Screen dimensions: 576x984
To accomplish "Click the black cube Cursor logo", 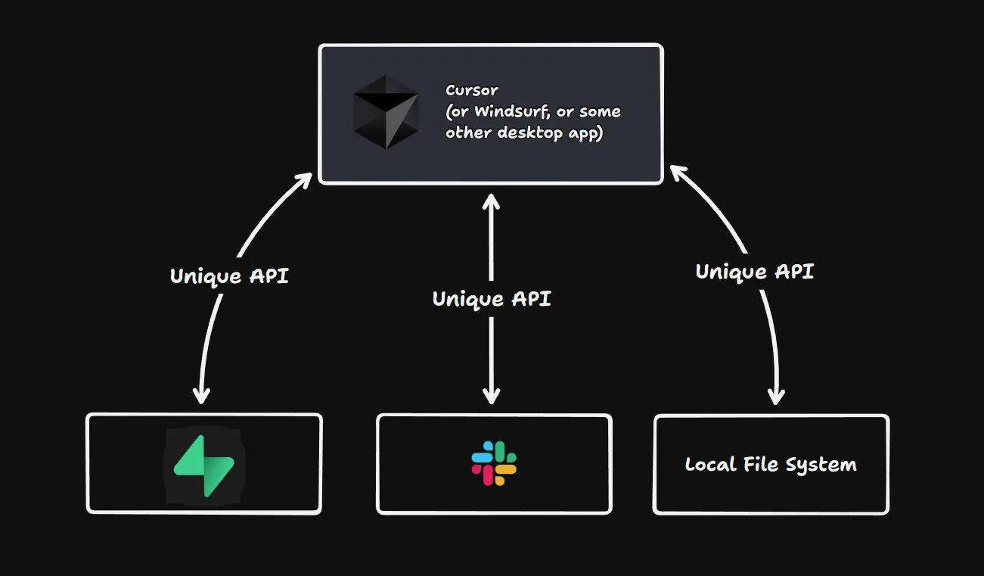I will (385, 112).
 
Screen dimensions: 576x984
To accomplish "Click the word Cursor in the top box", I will (471, 90).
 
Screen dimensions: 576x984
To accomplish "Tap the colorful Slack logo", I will (494, 463).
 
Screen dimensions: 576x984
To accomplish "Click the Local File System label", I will (771, 464).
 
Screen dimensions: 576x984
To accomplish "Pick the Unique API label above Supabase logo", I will (229, 276).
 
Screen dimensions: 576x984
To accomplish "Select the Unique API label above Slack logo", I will (492, 298).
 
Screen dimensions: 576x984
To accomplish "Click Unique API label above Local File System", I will (754, 271).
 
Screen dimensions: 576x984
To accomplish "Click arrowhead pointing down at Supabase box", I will (201, 396).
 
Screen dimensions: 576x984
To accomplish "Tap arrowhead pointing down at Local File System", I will (775, 397).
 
